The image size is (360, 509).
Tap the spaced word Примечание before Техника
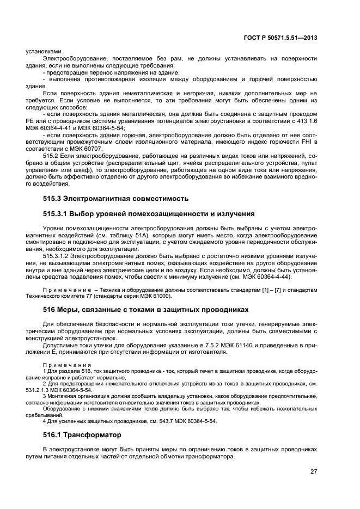69,290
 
